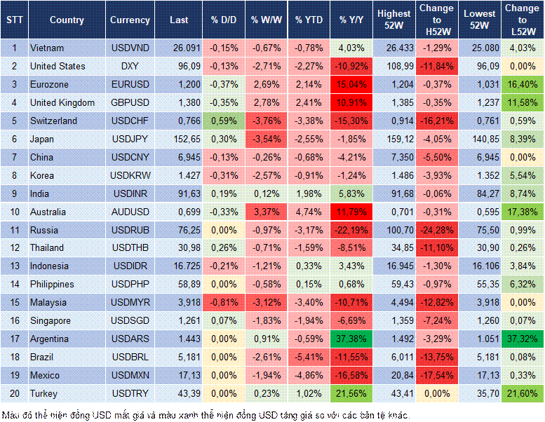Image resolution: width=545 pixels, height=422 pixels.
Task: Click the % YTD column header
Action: tap(309, 20)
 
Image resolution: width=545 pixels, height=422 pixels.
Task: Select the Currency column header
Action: tap(130, 20)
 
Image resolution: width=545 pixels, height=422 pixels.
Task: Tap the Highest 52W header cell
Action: tap(393, 20)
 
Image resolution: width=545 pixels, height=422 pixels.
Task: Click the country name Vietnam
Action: tap(48, 48)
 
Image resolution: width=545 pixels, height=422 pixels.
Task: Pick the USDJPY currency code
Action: tap(129, 139)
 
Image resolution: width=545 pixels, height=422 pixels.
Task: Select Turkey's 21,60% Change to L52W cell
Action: tap(522, 393)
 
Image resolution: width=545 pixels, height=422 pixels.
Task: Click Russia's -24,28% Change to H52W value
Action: tap(437, 230)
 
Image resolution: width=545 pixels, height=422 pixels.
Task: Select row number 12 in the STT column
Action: tap(14, 248)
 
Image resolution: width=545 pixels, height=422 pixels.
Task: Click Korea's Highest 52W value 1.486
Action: tap(393, 175)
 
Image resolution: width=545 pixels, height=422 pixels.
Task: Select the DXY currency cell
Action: tap(129, 67)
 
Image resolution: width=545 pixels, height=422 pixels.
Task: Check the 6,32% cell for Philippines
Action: tap(522, 285)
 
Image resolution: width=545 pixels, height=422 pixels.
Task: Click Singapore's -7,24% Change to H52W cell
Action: tap(437, 320)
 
